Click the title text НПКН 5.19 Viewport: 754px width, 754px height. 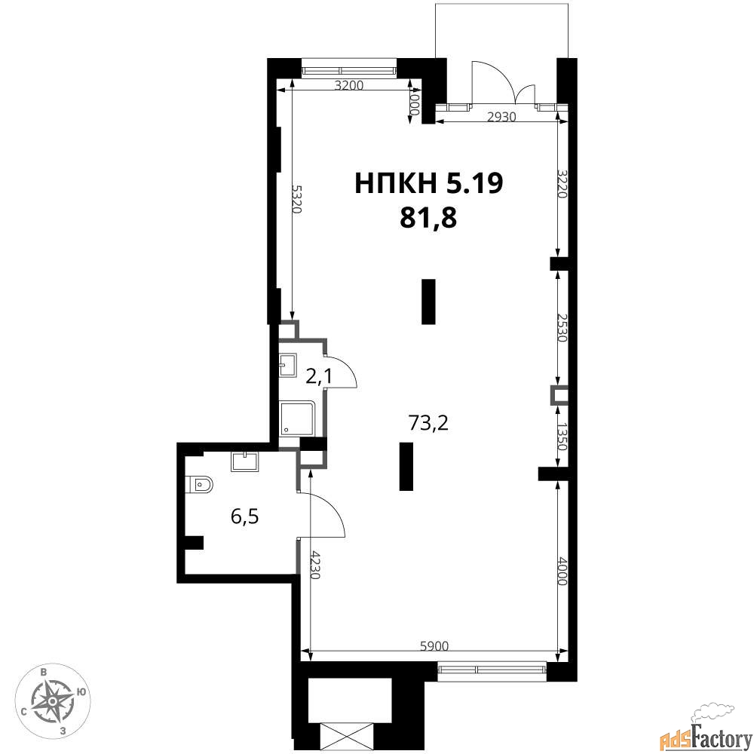tap(428, 183)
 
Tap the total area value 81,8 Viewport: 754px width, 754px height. tap(428, 219)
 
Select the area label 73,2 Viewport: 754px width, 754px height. tap(428, 423)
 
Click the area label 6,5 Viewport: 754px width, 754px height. tap(245, 517)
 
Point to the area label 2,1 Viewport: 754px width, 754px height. tap(319, 376)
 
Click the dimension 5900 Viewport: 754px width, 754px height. tap(434, 646)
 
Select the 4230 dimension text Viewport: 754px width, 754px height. tap(314, 565)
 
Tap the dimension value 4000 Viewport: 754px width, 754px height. tap(562, 571)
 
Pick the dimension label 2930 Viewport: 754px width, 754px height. tap(501, 117)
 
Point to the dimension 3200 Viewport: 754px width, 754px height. tap(348, 86)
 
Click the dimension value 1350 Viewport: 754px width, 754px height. tap(562, 437)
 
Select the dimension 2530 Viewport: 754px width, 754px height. tap(562, 327)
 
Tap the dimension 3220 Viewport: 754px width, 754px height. tap(562, 183)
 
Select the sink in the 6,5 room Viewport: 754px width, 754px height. tap(244, 461)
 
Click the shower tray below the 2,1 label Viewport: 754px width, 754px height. tap(296, 418)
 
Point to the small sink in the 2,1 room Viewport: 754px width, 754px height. tap(288, 364)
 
